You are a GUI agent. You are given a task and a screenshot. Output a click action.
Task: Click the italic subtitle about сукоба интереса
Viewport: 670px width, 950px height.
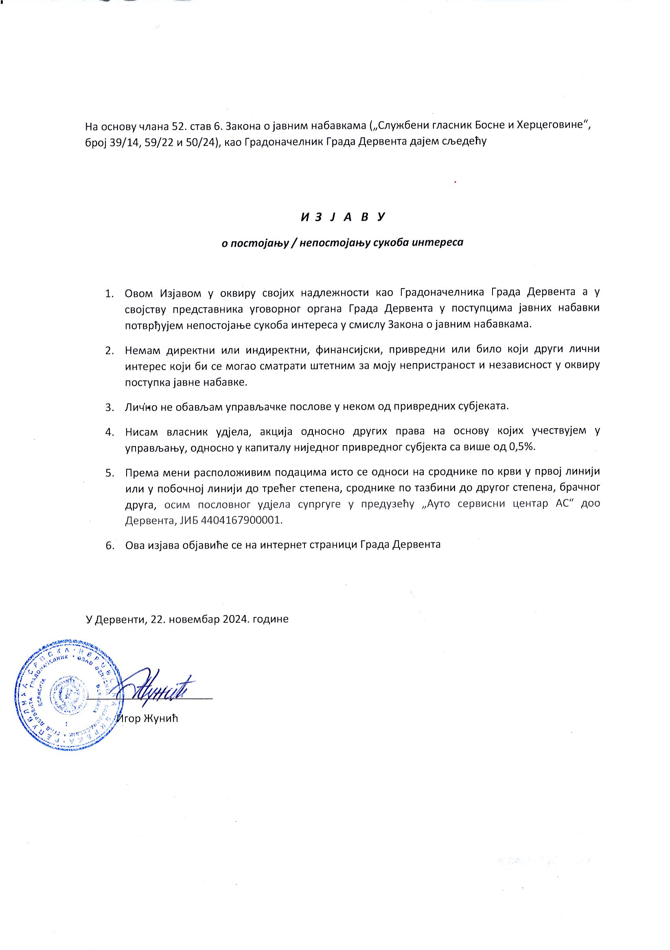343,243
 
